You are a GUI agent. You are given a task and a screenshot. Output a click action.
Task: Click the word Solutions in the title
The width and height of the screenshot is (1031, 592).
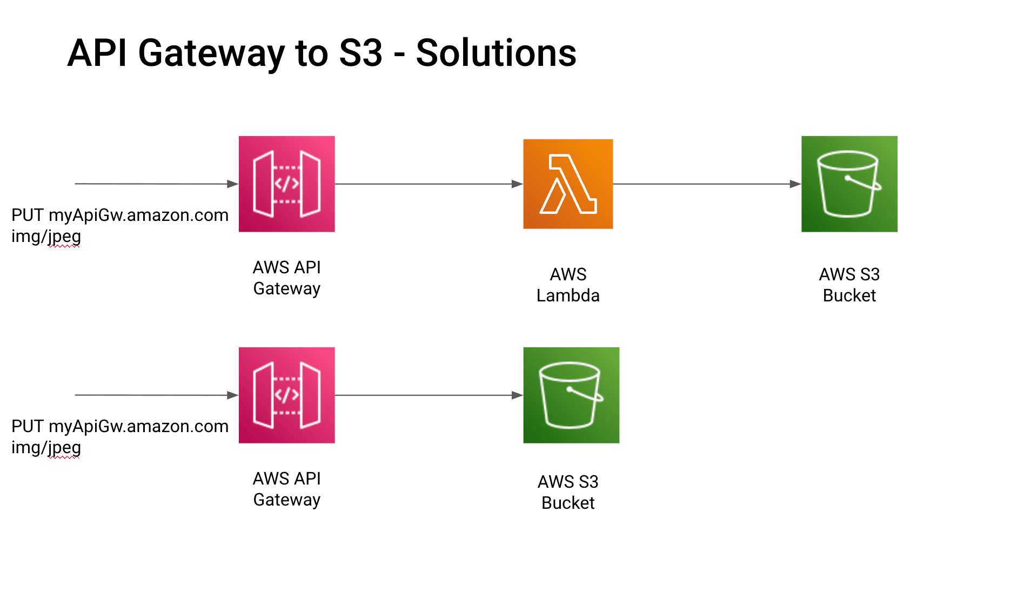click(x=496, y=53)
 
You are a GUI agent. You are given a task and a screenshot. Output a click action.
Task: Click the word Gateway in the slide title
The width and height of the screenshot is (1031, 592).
click(x=211, y=53)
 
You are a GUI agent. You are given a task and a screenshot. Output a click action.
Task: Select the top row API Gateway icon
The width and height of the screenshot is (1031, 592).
click(x=286, y=184)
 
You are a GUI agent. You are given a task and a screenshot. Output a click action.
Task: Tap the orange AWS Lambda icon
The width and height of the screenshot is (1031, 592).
click(x=567, y=184)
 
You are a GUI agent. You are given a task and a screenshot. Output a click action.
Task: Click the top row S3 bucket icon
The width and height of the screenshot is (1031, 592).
click(x=849, y=184)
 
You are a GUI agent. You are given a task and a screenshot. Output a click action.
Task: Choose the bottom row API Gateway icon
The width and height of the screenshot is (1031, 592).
click(x=286, y=395)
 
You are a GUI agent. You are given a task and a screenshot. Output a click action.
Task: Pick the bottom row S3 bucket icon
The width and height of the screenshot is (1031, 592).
click(x=571, y=395)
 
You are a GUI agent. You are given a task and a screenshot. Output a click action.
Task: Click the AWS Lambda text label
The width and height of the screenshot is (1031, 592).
click(x=567, y=285)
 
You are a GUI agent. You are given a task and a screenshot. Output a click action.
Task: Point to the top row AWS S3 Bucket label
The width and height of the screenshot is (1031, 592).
click(x=849, y=285)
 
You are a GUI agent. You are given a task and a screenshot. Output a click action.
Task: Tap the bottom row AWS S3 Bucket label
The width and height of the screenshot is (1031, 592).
click(x=567, y=492)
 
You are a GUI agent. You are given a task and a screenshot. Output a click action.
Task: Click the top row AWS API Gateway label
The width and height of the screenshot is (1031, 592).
click(x=286, y=278)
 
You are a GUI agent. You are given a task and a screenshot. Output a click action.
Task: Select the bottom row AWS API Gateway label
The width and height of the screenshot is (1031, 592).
click(x=286, y=489)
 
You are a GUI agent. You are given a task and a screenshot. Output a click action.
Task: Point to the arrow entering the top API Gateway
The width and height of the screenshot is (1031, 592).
click(x=156, y=184)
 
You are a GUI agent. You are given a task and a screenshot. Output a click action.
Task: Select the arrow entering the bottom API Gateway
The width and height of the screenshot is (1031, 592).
click(x=156, y=395)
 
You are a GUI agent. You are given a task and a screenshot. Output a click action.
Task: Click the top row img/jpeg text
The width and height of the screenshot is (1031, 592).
click(x=46, y=236)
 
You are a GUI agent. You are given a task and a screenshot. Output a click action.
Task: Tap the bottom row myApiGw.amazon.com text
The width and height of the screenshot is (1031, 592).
click(x=138, y=426)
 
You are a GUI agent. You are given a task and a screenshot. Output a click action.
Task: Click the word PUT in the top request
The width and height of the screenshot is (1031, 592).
click(x=27, y=215)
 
